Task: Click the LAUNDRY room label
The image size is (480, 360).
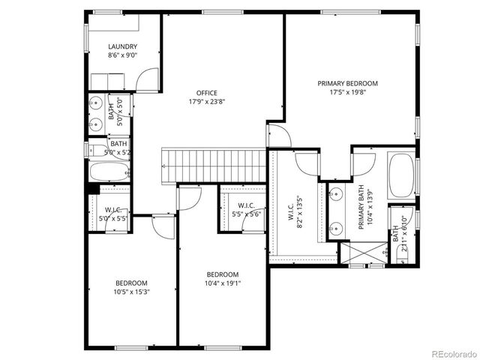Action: [122, 46]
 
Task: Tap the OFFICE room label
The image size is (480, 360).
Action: [207, 93]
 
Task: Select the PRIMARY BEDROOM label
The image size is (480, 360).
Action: [347, 83]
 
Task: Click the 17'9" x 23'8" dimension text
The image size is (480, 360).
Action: [207, 103]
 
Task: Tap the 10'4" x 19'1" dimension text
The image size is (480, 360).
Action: [223, 283]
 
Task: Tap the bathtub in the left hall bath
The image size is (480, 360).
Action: [110, 172]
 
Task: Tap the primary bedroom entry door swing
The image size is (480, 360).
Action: [277, 135]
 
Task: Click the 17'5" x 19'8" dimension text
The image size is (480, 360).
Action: [347, 93]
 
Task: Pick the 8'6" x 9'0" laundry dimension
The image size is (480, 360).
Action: [122, 55]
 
